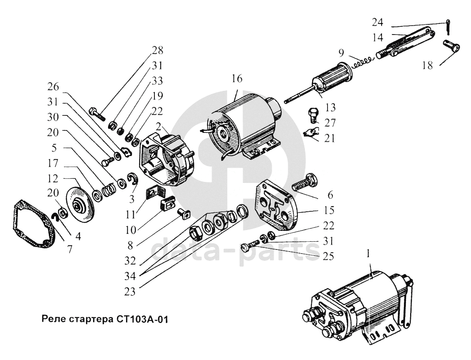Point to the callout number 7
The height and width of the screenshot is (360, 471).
pyautogui.click(x=69, y=249)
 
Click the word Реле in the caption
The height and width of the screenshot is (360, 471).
pyautogui.click(x=54, y=319)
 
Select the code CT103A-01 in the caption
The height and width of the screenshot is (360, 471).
pyautogui.click(x=146, y=319)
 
